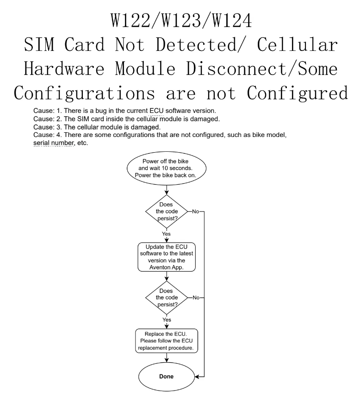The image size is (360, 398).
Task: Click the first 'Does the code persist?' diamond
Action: coord(166,212)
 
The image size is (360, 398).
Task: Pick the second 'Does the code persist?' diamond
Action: coord(166,297)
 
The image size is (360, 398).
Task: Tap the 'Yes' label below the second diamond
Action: coord(166,320)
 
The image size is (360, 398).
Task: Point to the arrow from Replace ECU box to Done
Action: coord(166,359)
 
